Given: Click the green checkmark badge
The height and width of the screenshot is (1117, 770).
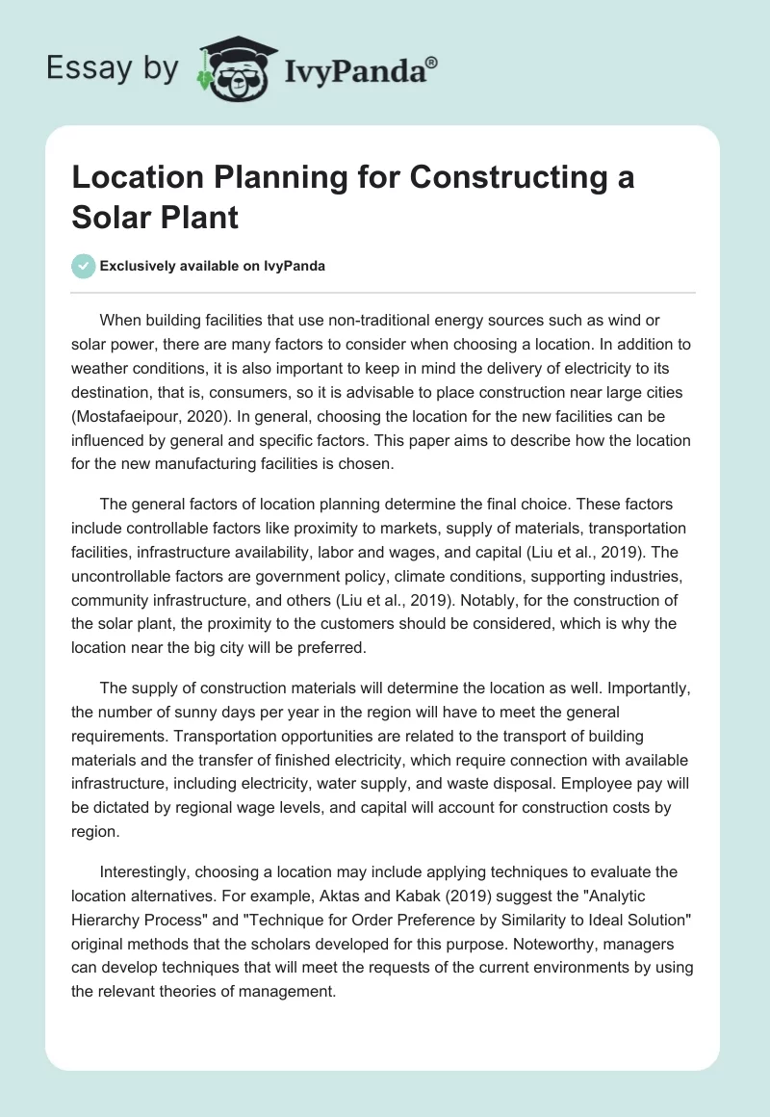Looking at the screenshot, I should tap(84, 266).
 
